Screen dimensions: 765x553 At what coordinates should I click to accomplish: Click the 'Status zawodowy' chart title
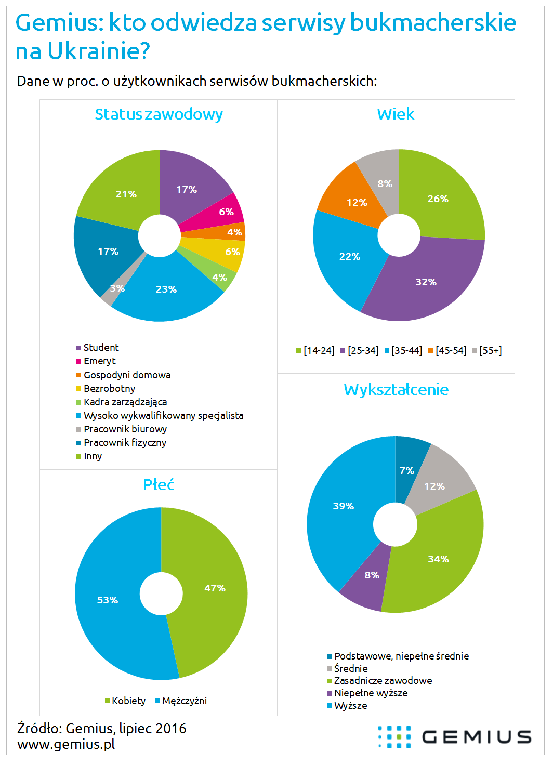[x=159, y=114]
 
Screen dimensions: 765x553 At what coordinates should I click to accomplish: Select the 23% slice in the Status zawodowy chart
[x=166, y=291]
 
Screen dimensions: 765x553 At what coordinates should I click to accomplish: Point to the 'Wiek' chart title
[x=396, y=114]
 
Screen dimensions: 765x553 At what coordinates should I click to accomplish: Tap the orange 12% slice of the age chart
[x=353, y=200]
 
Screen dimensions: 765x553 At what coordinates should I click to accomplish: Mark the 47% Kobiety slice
[x=215, y=588]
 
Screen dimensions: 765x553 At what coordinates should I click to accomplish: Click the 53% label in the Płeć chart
[x=108, y=600]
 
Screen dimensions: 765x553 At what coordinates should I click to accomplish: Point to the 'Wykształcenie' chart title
[x=396, y=390]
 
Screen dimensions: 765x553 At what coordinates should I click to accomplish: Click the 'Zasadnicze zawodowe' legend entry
[x=383, y=681]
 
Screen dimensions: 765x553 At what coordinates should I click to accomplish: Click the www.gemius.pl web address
[x=66, y=744]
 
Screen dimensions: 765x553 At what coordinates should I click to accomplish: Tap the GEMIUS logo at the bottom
[x=454, y=737]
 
